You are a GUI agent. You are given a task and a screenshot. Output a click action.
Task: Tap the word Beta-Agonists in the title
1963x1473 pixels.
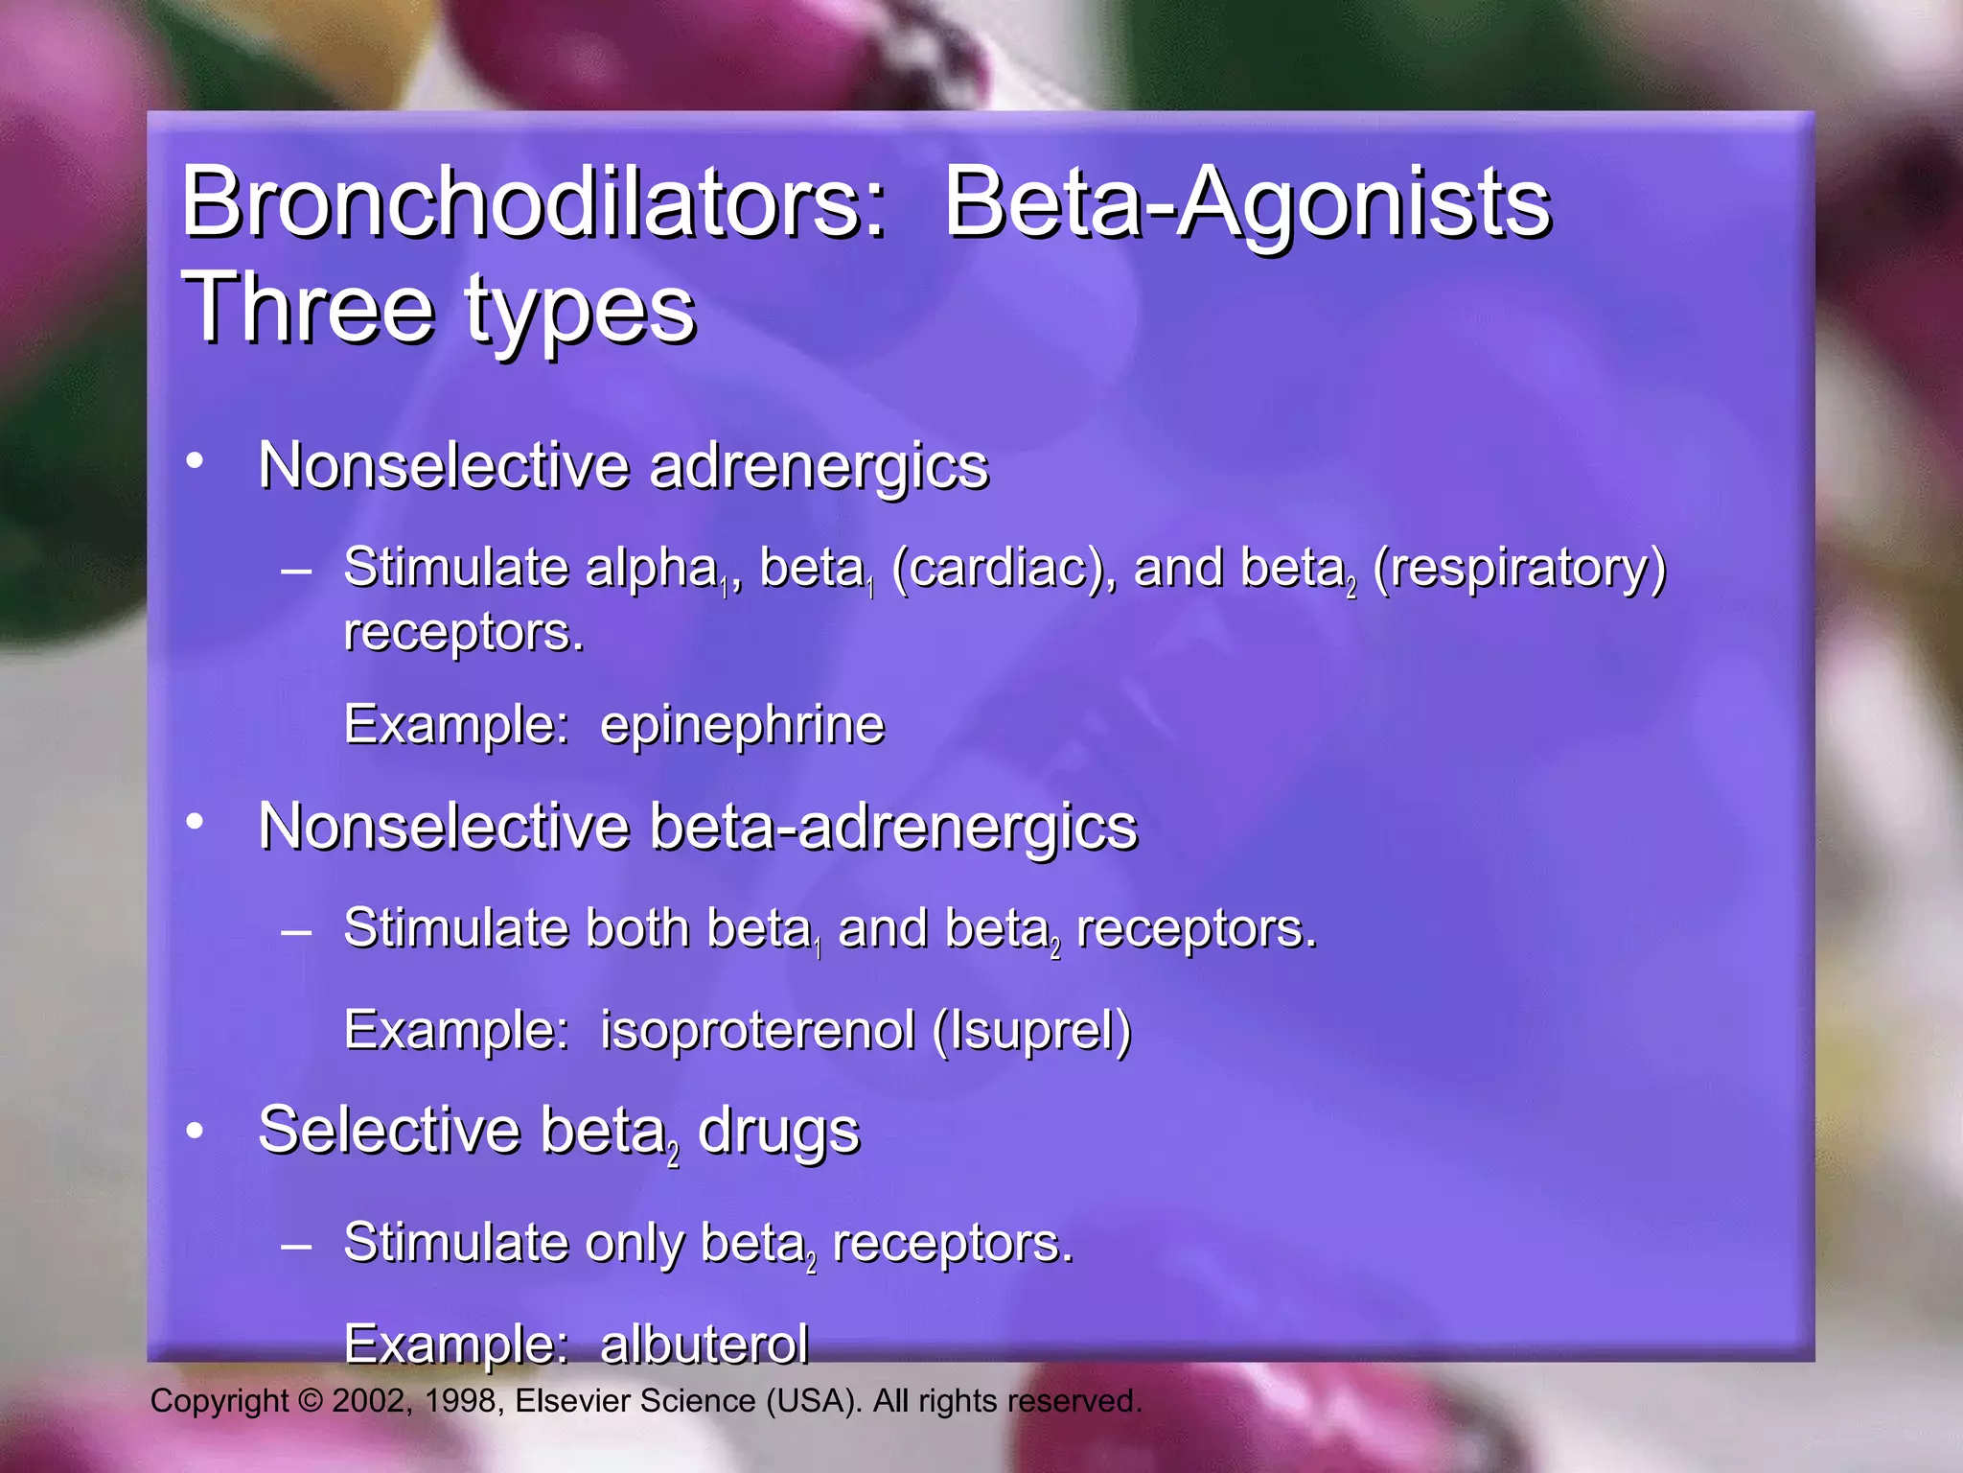(1247, 202)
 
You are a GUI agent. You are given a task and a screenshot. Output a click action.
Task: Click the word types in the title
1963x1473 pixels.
(581, 312)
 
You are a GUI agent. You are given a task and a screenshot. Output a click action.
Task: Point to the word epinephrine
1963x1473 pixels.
(742, 725)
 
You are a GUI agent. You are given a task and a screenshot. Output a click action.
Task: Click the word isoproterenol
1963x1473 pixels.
(757, 1031)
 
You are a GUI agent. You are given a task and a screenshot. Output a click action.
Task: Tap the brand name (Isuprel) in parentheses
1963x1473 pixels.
(1031, 1032)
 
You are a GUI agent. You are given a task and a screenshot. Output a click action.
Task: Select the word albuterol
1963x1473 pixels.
(704, 1344)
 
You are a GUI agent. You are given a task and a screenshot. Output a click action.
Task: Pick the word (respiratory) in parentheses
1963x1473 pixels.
(1519, 568)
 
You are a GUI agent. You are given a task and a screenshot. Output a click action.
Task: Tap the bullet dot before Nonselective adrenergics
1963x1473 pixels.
(195, 461)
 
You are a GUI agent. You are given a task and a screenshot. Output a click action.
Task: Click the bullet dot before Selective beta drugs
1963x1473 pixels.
(195, 1131)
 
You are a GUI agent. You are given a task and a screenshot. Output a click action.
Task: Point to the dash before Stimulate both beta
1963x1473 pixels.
(296, 931)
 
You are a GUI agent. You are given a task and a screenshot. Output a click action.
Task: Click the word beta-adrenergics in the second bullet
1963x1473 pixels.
(893, 827)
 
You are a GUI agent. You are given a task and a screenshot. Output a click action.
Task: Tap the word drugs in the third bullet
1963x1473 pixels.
(778, 1133)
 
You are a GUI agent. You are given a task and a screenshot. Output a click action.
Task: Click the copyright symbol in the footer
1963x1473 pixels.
(311, 1401)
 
